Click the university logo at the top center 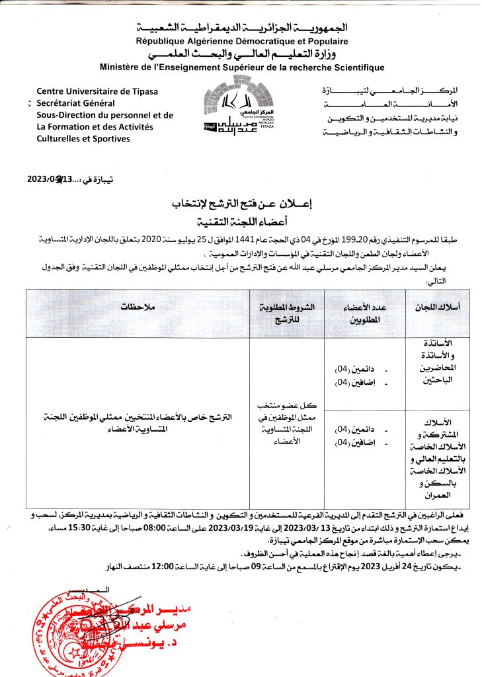[x=240, y=110]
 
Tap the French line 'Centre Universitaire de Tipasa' [x=97, y=91]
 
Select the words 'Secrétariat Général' [x=75, y=103]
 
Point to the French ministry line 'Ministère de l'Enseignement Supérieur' [x=241, y=67]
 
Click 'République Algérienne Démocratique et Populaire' [x=242, y=41]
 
